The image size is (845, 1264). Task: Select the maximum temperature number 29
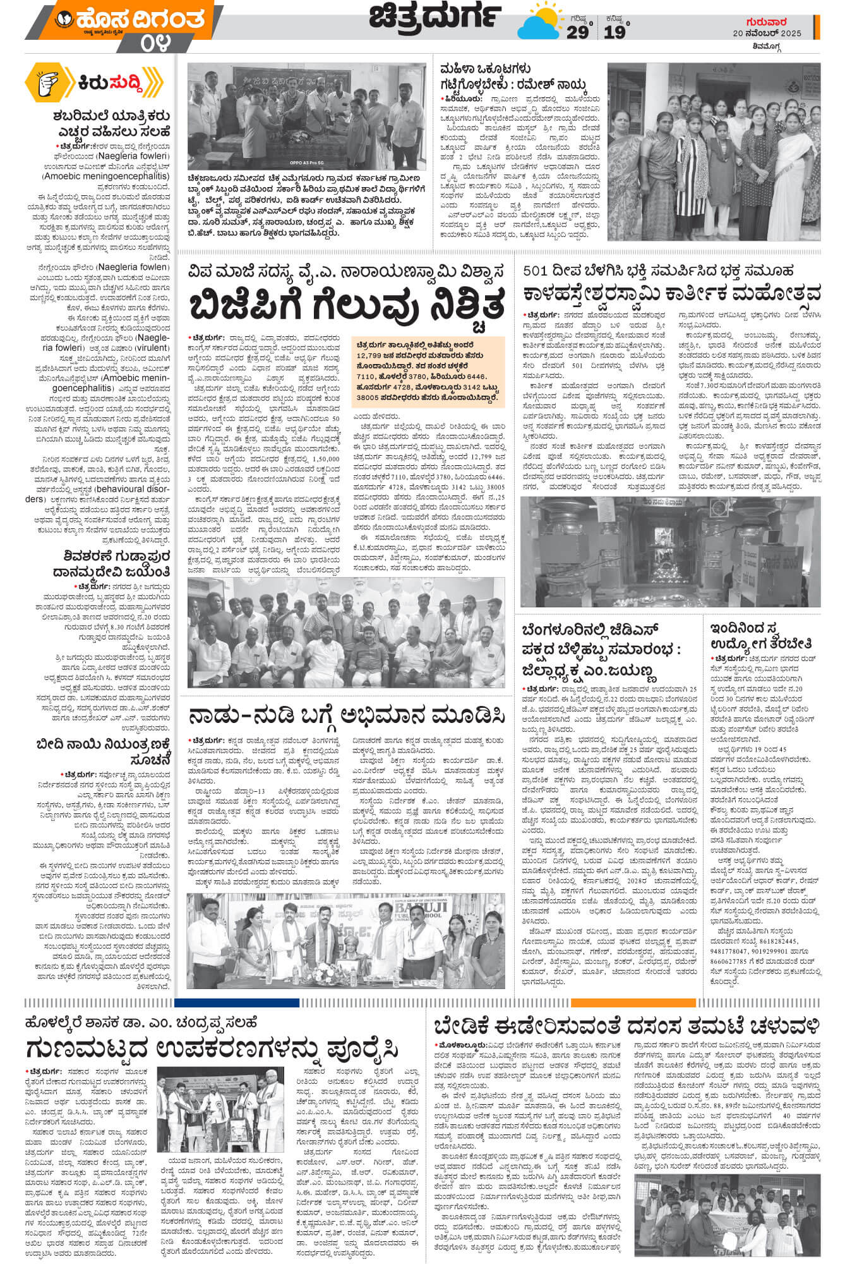click(x=577, y=32)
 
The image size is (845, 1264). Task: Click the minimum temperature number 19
click(x=614, y=32)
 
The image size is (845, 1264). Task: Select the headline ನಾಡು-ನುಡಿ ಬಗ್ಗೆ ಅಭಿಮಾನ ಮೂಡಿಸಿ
click(x=346, y=717)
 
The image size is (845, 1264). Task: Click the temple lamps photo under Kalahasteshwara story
click(x=670, y=551)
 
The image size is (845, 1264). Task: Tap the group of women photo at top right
click(x=714, y=151)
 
